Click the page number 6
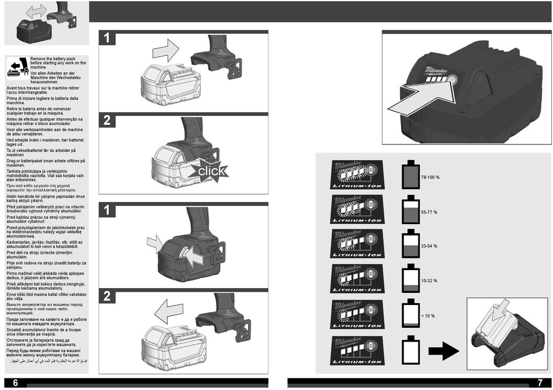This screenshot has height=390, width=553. [16, 382]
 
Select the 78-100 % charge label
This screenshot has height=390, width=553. [430, 176]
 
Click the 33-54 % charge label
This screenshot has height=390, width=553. [429, 246]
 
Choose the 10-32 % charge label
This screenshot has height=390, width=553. [429, 281]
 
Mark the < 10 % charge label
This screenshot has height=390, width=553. [428, 315]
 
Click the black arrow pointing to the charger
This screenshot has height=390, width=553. [443, 350]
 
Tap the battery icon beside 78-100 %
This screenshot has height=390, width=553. [410, 175]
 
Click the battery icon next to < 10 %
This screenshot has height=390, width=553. [410, 314]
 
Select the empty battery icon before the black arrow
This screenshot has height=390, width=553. [410, 350]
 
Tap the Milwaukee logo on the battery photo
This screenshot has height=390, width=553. [434, 69]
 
